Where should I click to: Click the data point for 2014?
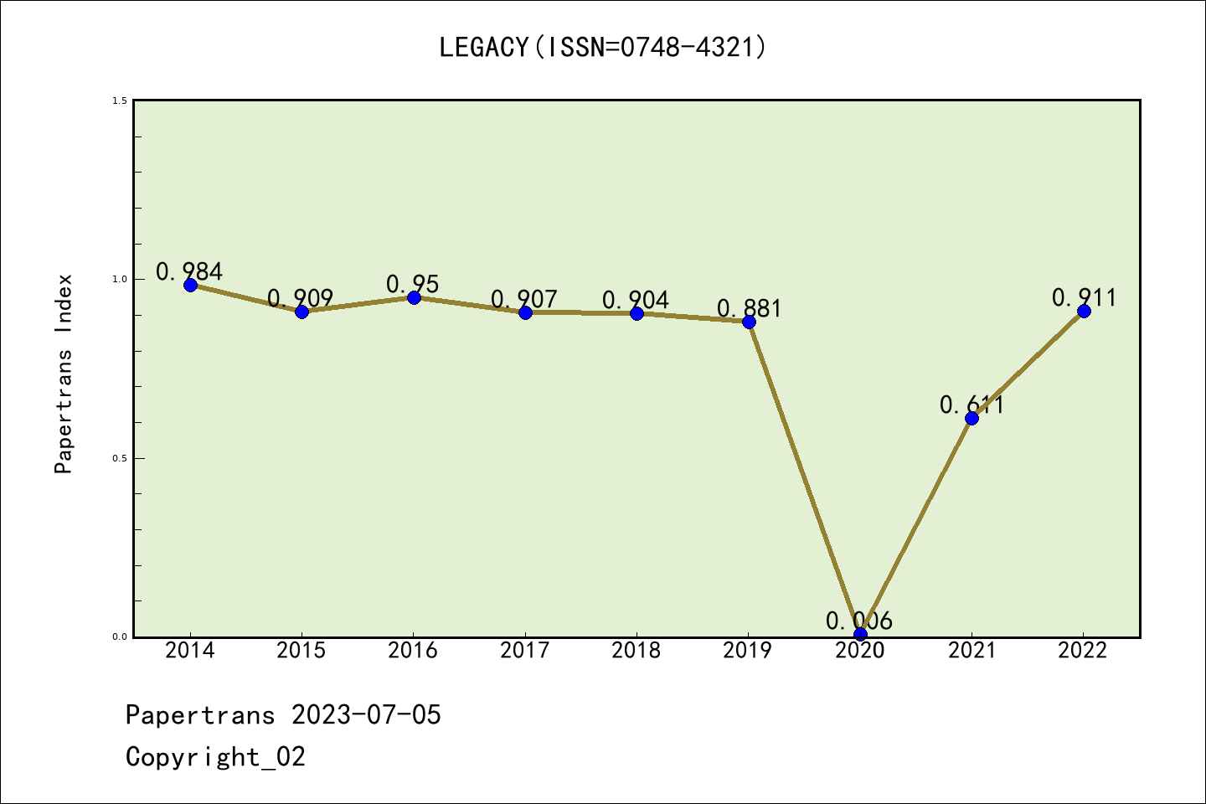[190, 285]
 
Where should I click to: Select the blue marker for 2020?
[860, 634]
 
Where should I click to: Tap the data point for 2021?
[971, 418]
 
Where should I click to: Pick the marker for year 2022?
[1084, 311]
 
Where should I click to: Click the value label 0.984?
[189, 271]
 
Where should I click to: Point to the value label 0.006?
[859, 621]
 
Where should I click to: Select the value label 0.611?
[971, 405]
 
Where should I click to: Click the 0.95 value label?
[413, 284]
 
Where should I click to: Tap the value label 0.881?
[749, 309]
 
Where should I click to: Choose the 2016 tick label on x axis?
[413, 651]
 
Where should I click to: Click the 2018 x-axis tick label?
[636, 651]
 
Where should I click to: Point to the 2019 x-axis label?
[748, 651]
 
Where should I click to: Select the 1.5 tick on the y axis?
[120, 100]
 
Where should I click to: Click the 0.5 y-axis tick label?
[120, 458]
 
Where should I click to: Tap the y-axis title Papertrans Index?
[64, 374]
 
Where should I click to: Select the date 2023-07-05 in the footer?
[366, 715]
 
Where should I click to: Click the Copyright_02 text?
[215, 757]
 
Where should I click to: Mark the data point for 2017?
[525, 312]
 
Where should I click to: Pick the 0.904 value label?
[636, 300]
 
